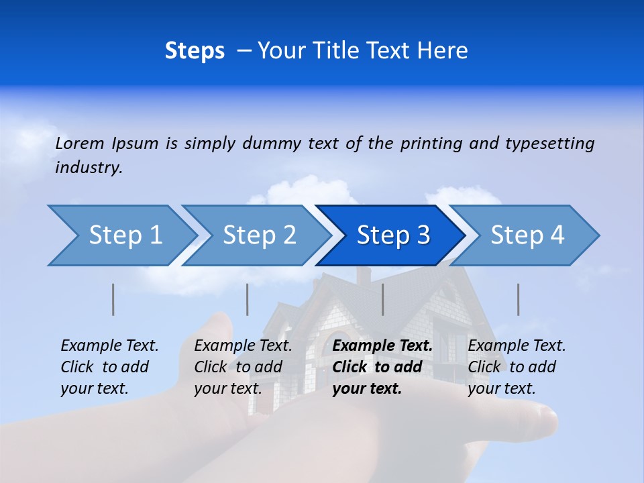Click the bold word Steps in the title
[195, 51]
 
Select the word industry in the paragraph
[88, 168]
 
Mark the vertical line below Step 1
[113, 299]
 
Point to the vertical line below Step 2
[248, 299]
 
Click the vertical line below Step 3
[383, 299]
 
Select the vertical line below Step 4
[519, 299]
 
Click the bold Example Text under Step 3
[382, 346]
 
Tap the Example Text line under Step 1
[109, 346]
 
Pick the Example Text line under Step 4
[517, 346]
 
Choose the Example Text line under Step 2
[243, 346]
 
